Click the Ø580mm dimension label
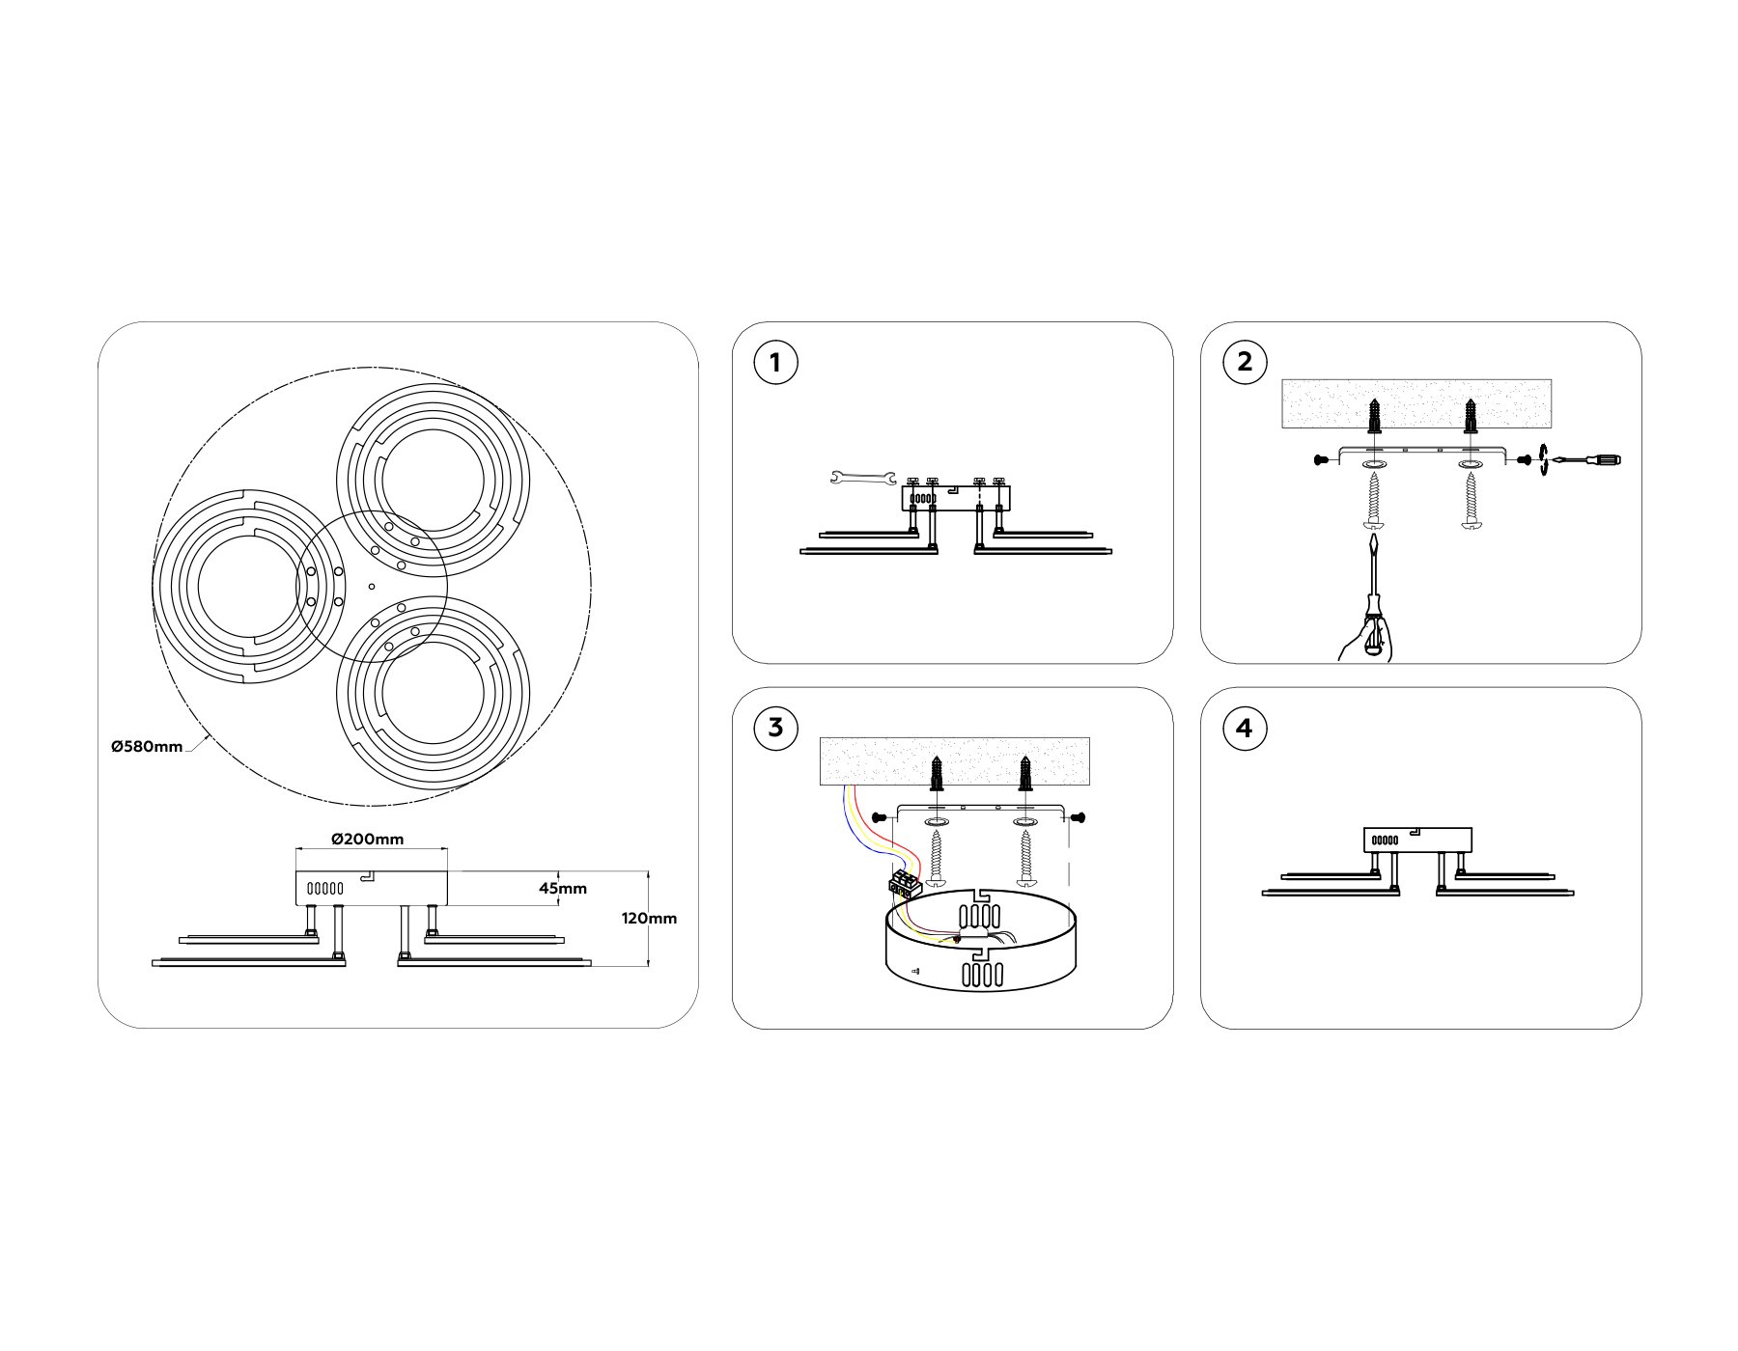[x=147, y=746]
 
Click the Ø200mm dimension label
[x=367, y=839]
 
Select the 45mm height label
[x=563, y=888]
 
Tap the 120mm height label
[x=649, y=918]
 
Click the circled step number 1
[x=775, y=364]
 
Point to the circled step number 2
[x=1244, y=362]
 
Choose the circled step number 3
[x=775, y=727]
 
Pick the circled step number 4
[x=1244, y=728]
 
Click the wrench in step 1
[x=862, y=477]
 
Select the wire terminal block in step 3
[x=904, y=883]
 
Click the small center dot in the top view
[x=372, y=586]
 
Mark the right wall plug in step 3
[x=1025, y=774]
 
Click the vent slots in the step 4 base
[x=1385, y=841]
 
